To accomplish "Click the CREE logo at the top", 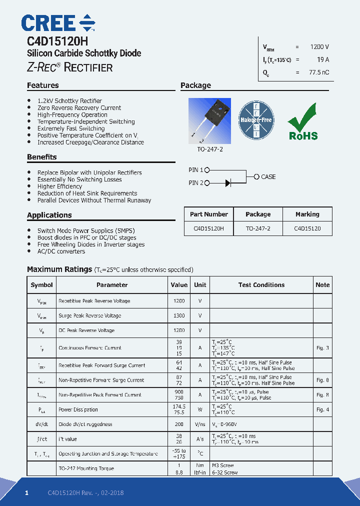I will pyautogui.click(x=58, y=23).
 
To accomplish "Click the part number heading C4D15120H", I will pyautogui.click(x=57, y=41).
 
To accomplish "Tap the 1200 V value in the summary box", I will pyautogui.click(x=319, y=46).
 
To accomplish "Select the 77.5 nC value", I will pyautogui.click(x=318, y=72).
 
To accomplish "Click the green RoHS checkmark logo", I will pyautogui.click(x=302, y=121).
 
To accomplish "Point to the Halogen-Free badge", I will pyautogui.click(x=255, y=120).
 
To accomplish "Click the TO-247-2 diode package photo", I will pyautogui.click(x=209, y=120).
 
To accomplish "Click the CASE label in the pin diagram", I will pyautogui.click(x=268, y=176).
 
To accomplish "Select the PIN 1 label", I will pyautogui.click(x=196, y=170).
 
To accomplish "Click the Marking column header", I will pyautogui.click(x=307, y=214).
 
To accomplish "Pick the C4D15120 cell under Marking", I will pyautogui.click(x=307, y=228).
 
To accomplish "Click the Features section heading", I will pyautogui.click(x=43, y=85).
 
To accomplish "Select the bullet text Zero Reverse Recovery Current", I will pyautogui.click(x=79, y=108).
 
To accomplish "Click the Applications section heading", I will pyautogui.click(x=49, y=215).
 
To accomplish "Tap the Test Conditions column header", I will pyautogui.click(x=261, y=285).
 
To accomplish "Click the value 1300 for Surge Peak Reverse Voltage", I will pyautogui.click(x=178, y=315).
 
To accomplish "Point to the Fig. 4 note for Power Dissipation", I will pyautogui.click(x=322, y=409).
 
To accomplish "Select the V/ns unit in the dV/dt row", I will pyautogui.click(x=200, y=424).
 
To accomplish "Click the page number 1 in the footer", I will pyautogui.click(x=27, y=493).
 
